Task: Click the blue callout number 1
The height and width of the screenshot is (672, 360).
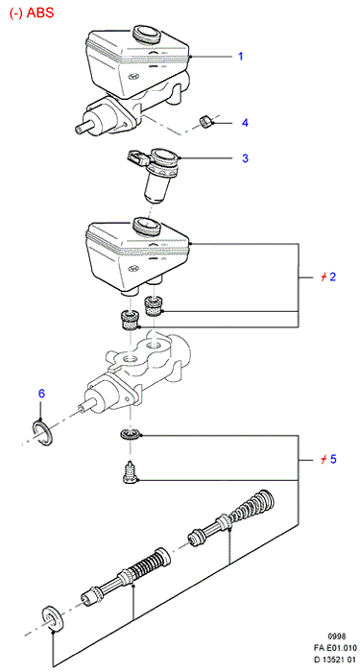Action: click(x=241, y=56)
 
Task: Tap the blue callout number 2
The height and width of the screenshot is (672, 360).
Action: click(x=332, y=276)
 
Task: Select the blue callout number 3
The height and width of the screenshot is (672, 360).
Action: click(x=245, y=158)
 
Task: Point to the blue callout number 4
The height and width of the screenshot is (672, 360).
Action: click(x=245, y=123)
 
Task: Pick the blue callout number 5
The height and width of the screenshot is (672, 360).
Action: click(x=333, y=460)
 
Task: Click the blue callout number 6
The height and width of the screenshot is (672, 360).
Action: click(x=41, y=394)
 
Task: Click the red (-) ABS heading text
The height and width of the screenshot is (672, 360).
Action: click(x=32, y=12)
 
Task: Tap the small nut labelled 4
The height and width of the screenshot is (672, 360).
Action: click(x=207, y=121)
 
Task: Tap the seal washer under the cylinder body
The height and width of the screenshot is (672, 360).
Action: click(x=130, y=434)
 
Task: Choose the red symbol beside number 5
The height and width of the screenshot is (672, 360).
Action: click(x=324, y=460)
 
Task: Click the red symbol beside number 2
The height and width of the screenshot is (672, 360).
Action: click(x=324, y=276)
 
